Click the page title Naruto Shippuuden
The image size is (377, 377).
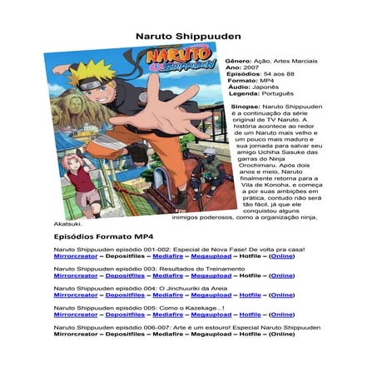pos(188,37)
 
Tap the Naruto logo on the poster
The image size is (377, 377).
pos(178,62)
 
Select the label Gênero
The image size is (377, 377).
pos(238,62)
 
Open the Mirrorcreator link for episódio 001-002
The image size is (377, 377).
pos(76,257)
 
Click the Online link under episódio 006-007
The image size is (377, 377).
pos(282,335)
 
